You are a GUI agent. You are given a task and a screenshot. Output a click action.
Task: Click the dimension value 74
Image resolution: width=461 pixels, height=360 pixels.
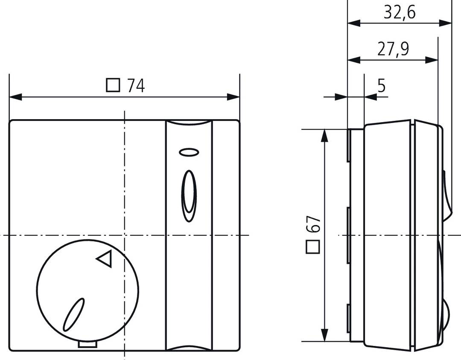click(136, 86)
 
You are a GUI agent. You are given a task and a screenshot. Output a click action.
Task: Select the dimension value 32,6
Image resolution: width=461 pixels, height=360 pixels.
click(399, 12)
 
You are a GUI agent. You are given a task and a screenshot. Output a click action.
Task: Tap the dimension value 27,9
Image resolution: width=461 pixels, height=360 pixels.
click(393, 49)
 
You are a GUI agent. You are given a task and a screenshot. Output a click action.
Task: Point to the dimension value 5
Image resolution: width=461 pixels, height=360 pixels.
click(381, 86)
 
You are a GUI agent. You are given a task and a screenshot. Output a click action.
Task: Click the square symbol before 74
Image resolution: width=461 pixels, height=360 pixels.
click(113, 86)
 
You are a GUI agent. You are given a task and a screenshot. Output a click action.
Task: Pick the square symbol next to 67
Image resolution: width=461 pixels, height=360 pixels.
click(313, 247)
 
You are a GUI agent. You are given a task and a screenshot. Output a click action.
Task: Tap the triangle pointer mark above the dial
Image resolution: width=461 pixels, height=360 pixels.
click(105, 258)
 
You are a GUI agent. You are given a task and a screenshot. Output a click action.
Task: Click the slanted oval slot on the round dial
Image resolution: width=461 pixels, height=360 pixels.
click(74, 314)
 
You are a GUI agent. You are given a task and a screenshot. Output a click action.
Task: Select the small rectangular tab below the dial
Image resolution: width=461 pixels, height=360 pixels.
click(88, 344)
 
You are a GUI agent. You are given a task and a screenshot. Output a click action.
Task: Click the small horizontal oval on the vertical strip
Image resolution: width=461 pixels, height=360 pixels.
click(189, 152)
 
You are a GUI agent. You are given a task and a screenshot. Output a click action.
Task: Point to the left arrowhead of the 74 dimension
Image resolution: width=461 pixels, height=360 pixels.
click(15, 97)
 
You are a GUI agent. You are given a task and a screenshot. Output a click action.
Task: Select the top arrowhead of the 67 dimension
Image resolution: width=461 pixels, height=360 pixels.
click(325, 135)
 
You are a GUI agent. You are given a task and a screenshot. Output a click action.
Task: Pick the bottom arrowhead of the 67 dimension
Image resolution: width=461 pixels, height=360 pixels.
click(325, 335)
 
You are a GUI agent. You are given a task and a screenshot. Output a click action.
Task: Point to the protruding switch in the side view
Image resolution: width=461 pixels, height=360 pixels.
click(446, 196)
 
